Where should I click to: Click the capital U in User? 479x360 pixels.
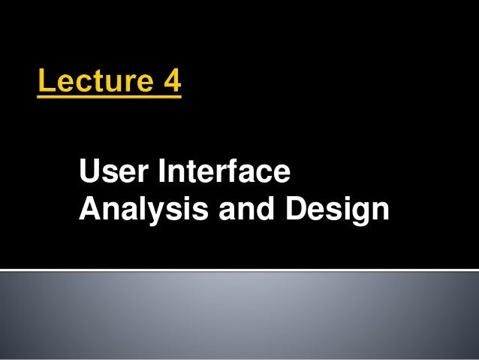(x=89, y=174)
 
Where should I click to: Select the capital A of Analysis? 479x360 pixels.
(x=89, y=210)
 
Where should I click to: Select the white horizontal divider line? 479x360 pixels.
(x=239, y=270)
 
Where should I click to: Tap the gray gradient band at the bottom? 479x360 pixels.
(x=239, y=316)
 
